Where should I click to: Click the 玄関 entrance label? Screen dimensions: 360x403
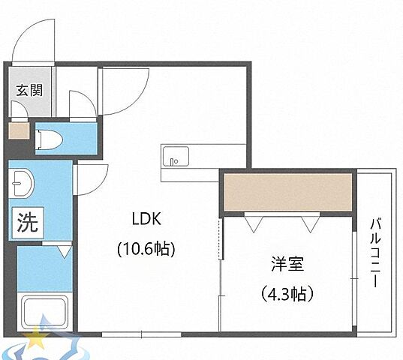pos(30,91)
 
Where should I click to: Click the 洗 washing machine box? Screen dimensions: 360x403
pos(26,222)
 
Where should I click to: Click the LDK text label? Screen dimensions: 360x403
pos(147,219)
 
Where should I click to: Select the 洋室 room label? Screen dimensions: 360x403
pos(287,264)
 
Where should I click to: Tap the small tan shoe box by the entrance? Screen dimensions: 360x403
pos(17,133)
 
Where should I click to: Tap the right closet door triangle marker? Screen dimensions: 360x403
pos(308,221)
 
